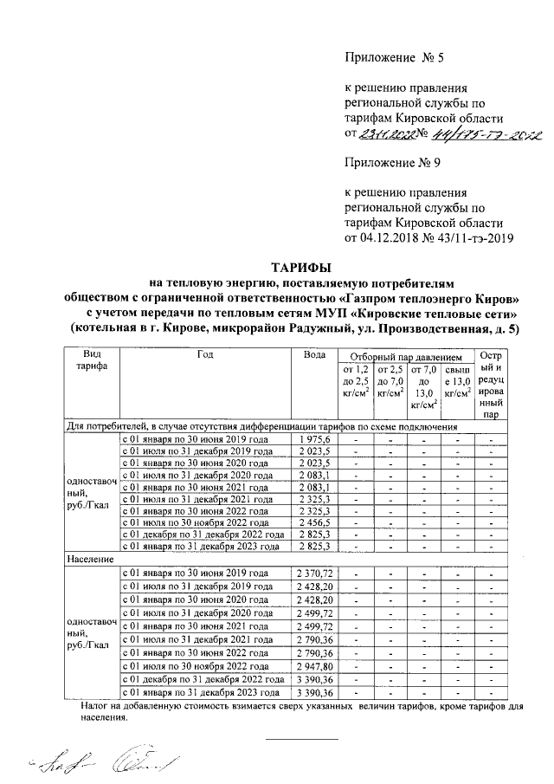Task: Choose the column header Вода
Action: (314, 356)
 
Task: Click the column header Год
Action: (205, 356)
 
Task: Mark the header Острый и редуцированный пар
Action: (491, 386)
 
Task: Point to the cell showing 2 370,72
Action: (313, 574)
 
